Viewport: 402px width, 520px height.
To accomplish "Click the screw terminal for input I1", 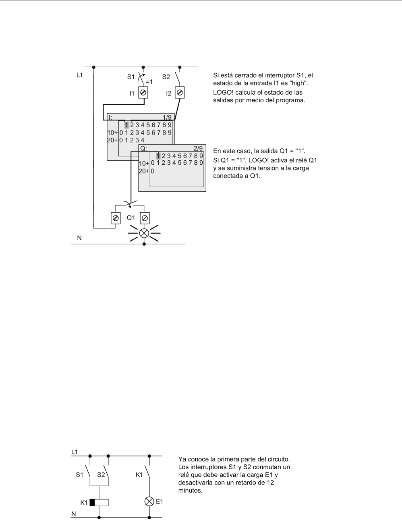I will pos(143,93).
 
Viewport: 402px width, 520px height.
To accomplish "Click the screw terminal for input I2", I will pos(180,93).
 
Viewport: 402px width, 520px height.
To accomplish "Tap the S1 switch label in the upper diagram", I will pos(131,76).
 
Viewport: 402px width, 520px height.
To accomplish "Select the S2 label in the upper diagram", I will pos(166,76).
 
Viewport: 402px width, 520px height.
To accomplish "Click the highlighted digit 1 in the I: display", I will pos(126,125).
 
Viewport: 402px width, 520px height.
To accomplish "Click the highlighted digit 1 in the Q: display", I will pos(158,156).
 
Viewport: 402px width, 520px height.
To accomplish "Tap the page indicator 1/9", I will pos(167,117).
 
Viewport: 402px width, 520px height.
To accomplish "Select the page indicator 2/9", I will pos(198,148).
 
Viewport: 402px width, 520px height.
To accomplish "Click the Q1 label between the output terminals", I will pos(131,218).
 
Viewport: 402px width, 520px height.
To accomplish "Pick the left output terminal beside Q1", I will pos(116,218).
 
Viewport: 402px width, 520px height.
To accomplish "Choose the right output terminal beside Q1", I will pos(145,218).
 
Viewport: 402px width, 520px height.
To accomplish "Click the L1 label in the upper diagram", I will pos(80,75).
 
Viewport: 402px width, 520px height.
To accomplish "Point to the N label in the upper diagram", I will pos(79,238).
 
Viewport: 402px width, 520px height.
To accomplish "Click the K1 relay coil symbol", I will pos(99,502).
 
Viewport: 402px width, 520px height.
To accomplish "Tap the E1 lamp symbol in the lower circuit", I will pos(149,501).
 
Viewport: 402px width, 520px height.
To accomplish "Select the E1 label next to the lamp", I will pos(160,501).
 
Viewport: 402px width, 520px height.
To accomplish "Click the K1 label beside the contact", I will pos(139,475).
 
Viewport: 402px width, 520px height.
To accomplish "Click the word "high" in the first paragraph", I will pos(299,83).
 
